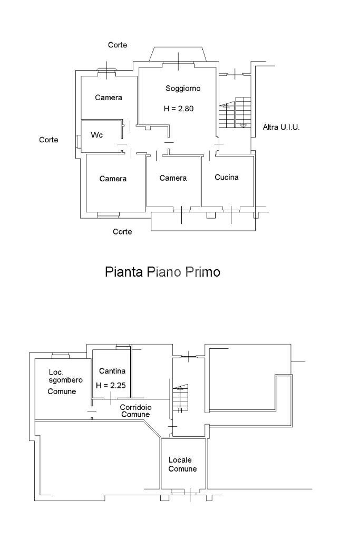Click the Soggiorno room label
click(182, 89)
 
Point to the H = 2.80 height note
click(179, 109)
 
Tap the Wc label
click(96, 135)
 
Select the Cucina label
click(227, 177)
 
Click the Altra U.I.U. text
click(281, 128)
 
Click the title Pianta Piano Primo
click(162, 272)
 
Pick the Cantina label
click(112, 371)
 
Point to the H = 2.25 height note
click(111, 385)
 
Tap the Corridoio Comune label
click(135, 410)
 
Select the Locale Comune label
click(182, 464)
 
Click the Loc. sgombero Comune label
click(62, 381)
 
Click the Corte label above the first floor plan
click(118, 45)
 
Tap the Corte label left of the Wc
click(48, 140)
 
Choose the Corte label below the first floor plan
click(122, 231)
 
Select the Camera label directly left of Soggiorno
click(109, 97)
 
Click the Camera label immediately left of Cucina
click(173, 178)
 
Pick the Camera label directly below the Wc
click(113, 179)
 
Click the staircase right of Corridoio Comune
click(180, 398)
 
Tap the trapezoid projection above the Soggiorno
click(179, 54)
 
